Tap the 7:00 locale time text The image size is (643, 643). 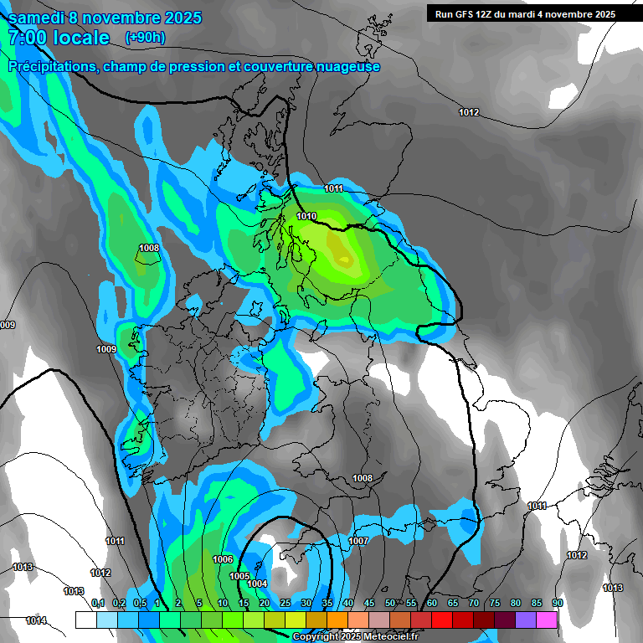[x=59, y=38]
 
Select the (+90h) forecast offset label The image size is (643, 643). [x=145, y=37]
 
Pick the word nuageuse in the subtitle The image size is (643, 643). [x=344, y=66]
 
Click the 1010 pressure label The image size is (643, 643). [x=306, y=216]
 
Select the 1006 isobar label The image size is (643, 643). [x=223, y=559]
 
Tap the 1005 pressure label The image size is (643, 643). [x=239, y=576]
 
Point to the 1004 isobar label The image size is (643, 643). [x=257, y=584]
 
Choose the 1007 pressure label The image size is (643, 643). [x=358, y=542]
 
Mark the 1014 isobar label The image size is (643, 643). [x=36, y=620]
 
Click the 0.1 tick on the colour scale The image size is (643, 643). [x=97, y=604]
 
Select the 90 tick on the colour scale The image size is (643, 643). [x=558, y=604]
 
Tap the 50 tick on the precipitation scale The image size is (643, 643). [x=390, y=604]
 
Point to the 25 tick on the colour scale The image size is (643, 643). [x=285, y=604]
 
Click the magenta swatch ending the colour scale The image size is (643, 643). [x=547, y=620]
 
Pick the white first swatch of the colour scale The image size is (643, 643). [x=85, y=620]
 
